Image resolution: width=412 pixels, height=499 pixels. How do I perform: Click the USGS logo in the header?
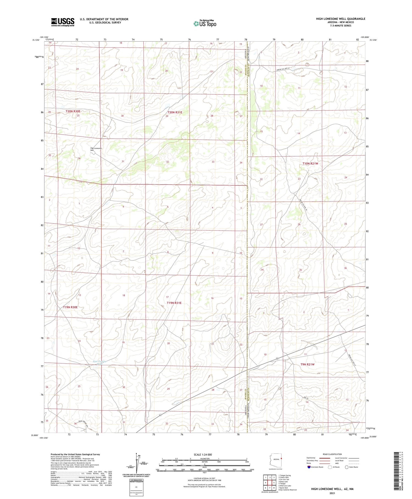[x=63, y=22]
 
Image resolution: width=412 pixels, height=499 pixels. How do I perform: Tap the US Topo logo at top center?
[x=205, y=24]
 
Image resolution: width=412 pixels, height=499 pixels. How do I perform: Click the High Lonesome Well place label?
[x=96, y=149]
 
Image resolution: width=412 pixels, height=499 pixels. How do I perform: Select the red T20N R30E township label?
[x=73, y=111]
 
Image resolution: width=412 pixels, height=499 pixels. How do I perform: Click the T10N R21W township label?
[x=310, y=163]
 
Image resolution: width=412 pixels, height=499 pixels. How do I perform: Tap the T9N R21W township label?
[x=307, y=364]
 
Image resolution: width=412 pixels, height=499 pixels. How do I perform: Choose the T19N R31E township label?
[x=174, y=303]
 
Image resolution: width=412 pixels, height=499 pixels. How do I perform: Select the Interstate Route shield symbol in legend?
[x=309, y=467]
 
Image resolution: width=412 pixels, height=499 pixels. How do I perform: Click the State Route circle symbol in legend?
[x=347, y=467]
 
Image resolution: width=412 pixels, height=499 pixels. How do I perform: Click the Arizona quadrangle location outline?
[x=276, y=460]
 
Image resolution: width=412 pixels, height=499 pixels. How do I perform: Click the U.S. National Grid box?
[x=136, y=487]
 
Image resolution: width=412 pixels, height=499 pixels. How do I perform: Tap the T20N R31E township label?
[x=175, y=112]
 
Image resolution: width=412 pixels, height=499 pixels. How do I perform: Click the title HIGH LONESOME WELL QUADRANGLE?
[x=340, y=19]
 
